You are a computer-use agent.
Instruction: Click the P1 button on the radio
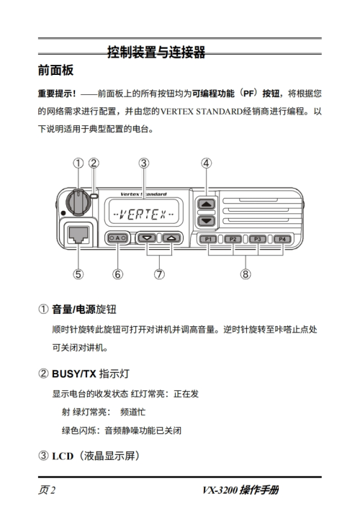pos(208,239)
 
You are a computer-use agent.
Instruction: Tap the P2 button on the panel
pos(233,239)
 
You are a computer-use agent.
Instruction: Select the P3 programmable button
pos(258,239)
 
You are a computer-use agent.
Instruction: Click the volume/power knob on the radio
pos(78,202)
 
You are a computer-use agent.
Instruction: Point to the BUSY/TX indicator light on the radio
pos(94,196)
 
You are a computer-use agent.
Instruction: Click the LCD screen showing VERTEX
pos(143,212)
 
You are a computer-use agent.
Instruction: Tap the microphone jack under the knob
pos(78,235)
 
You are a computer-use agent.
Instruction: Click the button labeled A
pos(117,238)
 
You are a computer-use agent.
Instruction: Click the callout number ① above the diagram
pos(78,163)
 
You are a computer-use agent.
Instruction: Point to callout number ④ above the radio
pos(207,163)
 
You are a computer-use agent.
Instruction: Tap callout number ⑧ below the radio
pos(246,274)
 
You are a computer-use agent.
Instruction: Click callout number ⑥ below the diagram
pos(117,274)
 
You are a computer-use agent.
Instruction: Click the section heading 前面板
pos(56,70)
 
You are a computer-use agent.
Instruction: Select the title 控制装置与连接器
pos(156,52)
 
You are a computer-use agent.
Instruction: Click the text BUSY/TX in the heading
pos(74,374)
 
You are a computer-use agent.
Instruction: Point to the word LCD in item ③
pos(63,456)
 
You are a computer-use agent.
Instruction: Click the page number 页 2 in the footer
pos(47,490)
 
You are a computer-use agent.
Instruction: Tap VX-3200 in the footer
pos(220,490)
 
